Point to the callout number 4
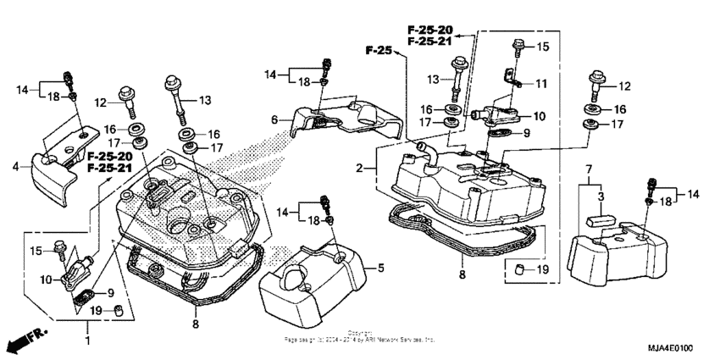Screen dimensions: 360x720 point(15,166)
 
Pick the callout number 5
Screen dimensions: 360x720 point(380,268)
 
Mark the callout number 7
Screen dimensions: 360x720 point(586,169)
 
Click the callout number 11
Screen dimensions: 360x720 point(541,83)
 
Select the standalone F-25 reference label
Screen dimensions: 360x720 point(379,52)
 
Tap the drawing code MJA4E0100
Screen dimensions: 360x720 point(680,346)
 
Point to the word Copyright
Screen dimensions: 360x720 point(359,333)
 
